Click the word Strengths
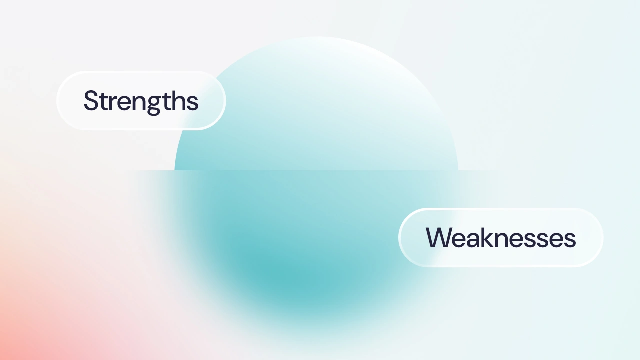click(141, 101)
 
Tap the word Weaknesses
click(501, 237)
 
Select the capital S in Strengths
click(91, 100)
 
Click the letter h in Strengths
click(179, 100)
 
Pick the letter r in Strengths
click(111, 103)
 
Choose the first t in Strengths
click(102, 101)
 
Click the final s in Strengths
click(193, 103)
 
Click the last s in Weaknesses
click(570, 240)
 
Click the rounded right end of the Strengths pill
click(225, 101)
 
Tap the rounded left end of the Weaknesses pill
click(399, 237)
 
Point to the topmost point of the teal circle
click(316, 37)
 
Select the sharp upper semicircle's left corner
click(175, 170)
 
